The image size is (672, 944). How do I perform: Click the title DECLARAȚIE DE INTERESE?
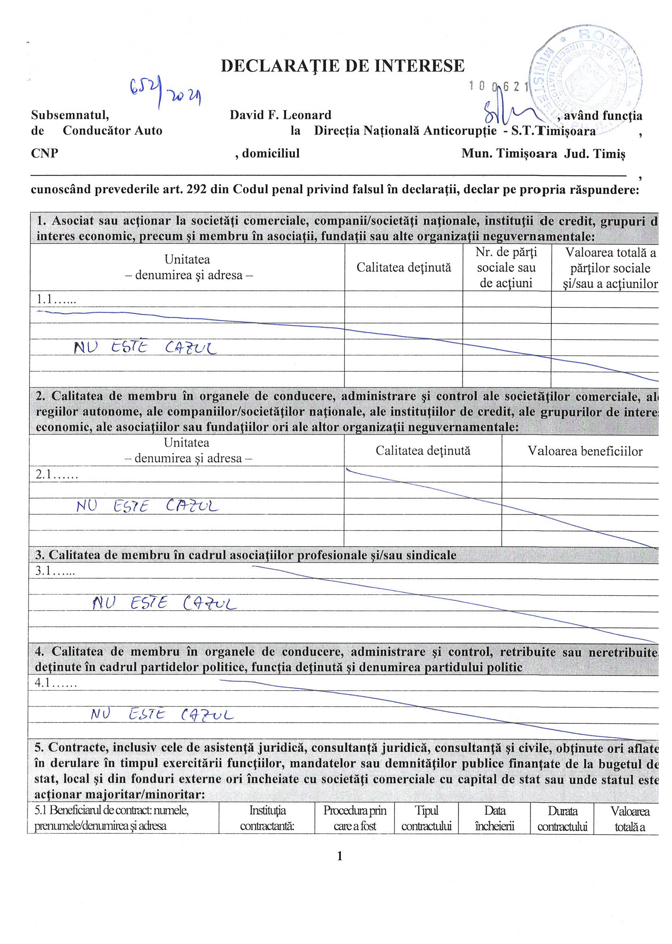342,66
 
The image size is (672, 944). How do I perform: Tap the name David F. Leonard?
281,115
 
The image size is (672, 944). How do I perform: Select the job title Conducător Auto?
112,131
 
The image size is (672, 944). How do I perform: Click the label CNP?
44,153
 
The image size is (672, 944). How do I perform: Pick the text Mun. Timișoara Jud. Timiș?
543,154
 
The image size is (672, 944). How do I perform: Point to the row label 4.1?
55,683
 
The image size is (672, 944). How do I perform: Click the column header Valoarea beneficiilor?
585,451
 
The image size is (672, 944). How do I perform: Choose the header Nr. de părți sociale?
506,268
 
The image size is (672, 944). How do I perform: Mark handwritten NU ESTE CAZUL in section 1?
145,347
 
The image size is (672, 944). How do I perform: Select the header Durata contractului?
562,818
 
